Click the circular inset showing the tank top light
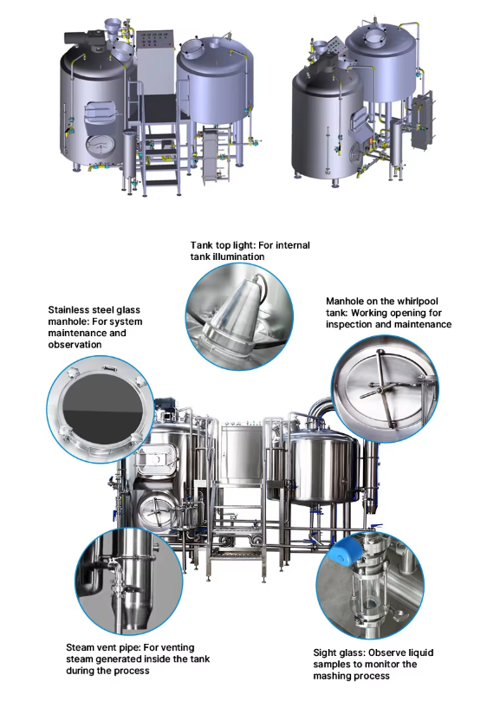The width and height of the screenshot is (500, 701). point(233,312)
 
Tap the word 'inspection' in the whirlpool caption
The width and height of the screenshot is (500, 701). point(354,324)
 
